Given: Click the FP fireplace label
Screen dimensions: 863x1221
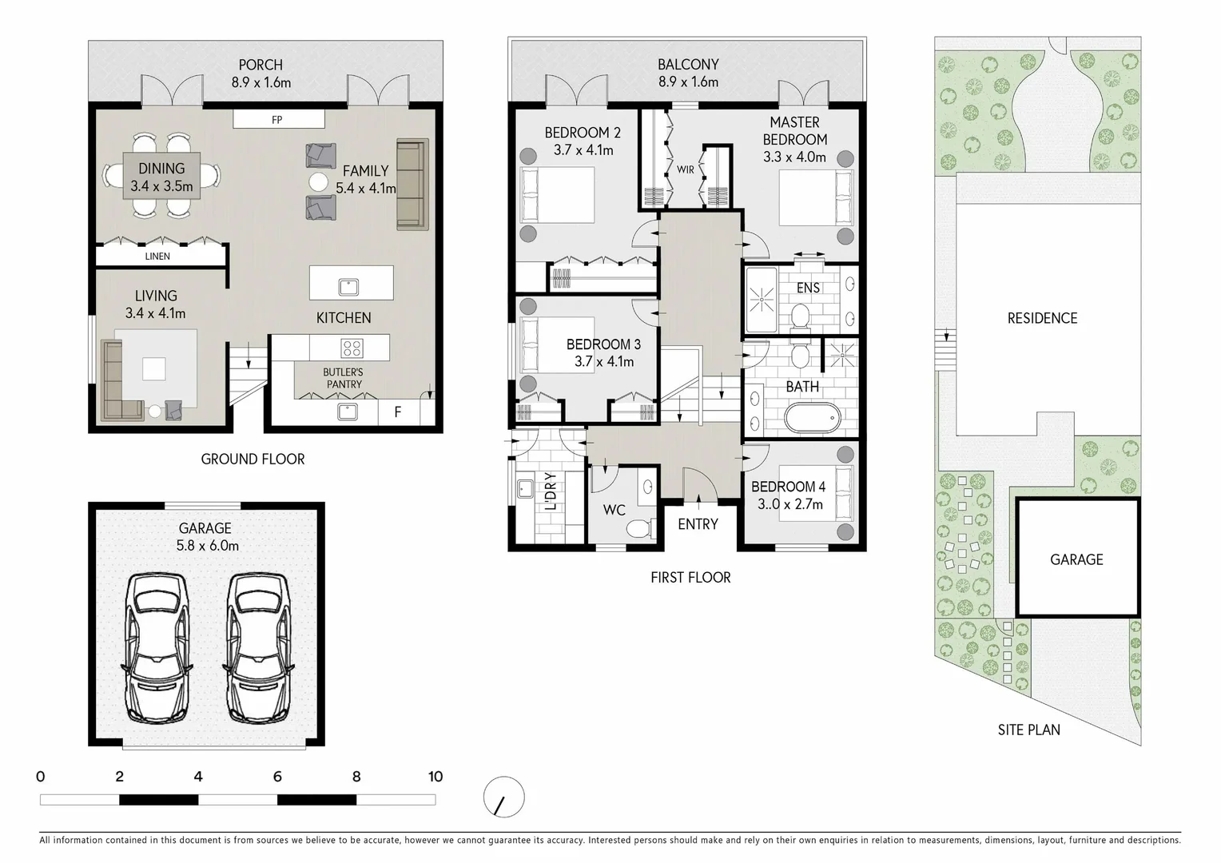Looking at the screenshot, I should pyautogui.click(x=277, y=120).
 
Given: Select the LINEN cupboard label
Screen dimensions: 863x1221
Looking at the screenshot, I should pyautogui.click(x=157, y=257).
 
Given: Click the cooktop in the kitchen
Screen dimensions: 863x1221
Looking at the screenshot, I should pyautogui.click(x=352, y=348).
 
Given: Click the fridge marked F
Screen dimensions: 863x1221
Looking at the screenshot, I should pyautogui.click(x=398, y=413).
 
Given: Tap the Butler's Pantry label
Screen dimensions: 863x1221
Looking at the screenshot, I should pyautogui.click(x=343, y=378).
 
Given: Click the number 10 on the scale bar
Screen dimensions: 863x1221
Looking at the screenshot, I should pyautogui.click(x=435, y=777).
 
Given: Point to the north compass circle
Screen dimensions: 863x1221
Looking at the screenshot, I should pyautogui.click(x=504, y=797).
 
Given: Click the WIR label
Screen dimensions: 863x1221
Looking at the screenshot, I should pyautogui.click(x=686, y=169).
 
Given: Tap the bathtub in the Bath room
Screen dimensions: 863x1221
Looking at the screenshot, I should pyautogui.click(x=812, y=417).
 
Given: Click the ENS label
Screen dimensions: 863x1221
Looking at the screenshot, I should pyautogui.click(x=808, y=288).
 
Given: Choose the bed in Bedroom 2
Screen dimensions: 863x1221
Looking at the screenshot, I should pyautogui.click(x=557, y=194).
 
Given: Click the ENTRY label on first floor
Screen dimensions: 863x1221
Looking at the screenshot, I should pyautogui.click(x=698, y=524).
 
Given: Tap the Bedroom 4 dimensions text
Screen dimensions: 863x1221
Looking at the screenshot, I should pyautogui.click(x=789, y=504).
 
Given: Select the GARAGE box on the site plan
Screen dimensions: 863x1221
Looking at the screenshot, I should pyautogui.click(x=1076, y=559).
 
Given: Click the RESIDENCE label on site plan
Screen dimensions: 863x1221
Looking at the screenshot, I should pyautogui.click(x=1042, y=318).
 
